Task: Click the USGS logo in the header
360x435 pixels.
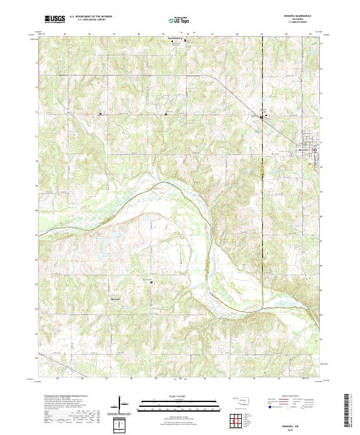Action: coord(55,19)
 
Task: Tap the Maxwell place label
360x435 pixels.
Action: coord(115,298)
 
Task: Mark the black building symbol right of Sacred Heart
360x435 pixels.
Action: coord(185,41)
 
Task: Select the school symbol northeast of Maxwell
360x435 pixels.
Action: coord(151,281)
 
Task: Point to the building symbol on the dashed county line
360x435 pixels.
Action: coord(262,117)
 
